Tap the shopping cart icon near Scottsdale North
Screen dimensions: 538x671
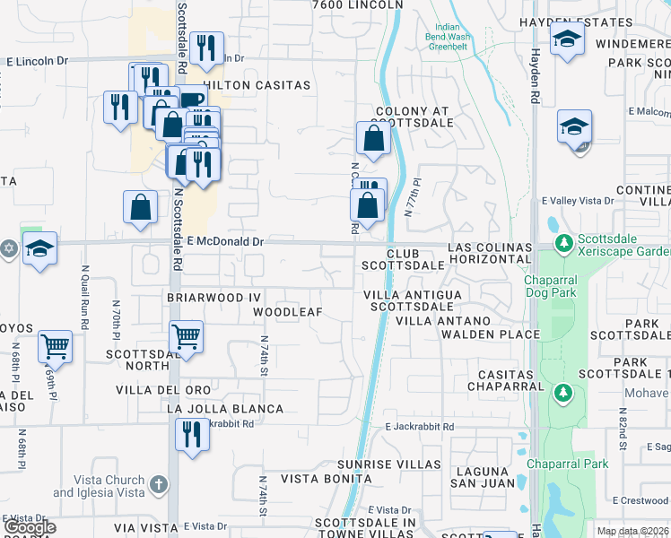(x=186, y=338)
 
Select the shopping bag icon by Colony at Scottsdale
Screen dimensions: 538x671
(x=372, y=138)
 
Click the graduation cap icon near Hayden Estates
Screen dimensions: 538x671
(x=567, y=39)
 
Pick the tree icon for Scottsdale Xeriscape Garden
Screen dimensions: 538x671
(x=563, y=242)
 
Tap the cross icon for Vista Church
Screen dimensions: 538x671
(x=158, y=486)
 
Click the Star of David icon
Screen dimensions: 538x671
(x=7, y=247)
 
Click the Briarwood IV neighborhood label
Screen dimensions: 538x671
(x=213, y=295)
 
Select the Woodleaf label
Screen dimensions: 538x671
(x=287, y=312)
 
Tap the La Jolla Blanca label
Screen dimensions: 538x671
(x=225, y=409)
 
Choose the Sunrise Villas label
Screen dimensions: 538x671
(x=389, y=464)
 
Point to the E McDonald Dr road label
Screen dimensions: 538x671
(x=224, y=241)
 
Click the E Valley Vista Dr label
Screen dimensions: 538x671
(x=577, y=201)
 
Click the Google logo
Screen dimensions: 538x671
(x=30, y=527)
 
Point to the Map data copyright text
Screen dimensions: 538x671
(x=632, y=531)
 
